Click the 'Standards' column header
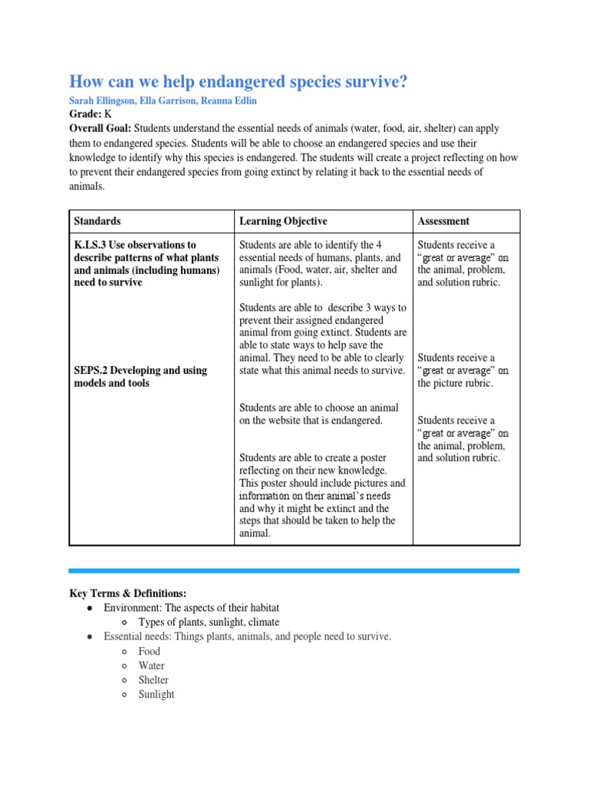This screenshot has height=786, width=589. (x=97, y=221)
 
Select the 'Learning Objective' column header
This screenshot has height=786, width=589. (x=283, y=221)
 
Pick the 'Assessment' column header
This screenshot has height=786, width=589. (x=443, y=221)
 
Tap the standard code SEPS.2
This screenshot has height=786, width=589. (x=92, y=370)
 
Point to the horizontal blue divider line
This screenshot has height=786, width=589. (x=294, y=570)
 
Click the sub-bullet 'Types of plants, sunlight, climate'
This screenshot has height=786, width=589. (x=209, y=622)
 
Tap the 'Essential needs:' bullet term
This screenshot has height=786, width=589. (x=139, y=636)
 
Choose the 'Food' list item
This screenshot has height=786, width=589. (x=150, y=651)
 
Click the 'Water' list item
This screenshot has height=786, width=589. (x=151, y=665)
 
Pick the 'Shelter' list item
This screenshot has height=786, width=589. (x=153, y=680)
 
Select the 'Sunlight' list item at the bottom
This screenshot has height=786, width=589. (x=156, y=695)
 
